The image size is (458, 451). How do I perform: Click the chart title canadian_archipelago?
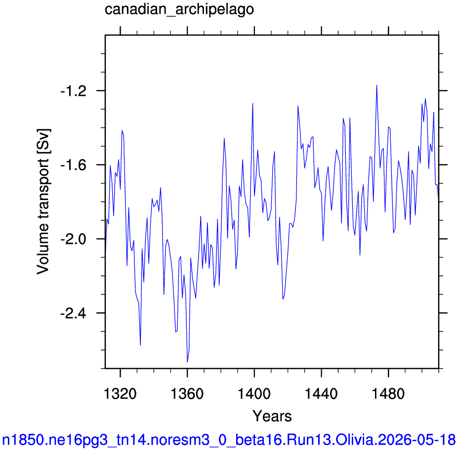pyautogui.click(x=179, y=10)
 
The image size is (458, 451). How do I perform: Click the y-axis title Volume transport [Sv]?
pyautogui.click(x=43, y=202)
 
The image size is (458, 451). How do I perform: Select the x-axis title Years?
pyautogui.click(x=272, y=416)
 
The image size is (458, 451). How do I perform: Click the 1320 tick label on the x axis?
pyautogui.click(x=120, y=394)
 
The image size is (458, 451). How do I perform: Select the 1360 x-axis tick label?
pyautogui.click(x=187, y=394)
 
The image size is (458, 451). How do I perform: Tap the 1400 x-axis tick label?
pyautogui.click(x=254, y=394)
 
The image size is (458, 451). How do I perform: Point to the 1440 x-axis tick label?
pyautogui.click(x=321, y=394)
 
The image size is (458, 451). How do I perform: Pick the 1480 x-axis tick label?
pyautogui.click(x=388, y=394)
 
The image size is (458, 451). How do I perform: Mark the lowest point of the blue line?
pyautogui.click(x=187, y=362)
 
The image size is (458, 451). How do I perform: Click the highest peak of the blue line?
pyautogui.click(x=376, y=85)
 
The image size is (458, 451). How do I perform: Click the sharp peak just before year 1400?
pyautogui.click(x=252, y=103)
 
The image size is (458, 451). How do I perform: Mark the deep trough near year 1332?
pyautogui.click(x=140, y=345)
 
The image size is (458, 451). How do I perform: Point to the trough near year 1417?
pyautogui.click(x=283, y=299)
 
